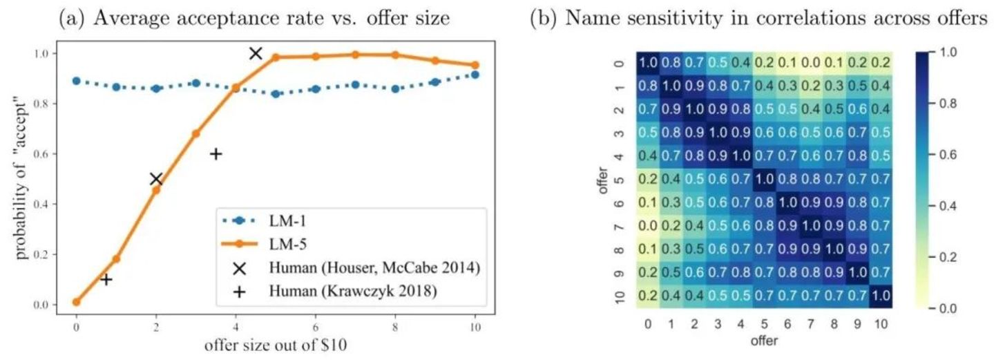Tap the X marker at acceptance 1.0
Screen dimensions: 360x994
tap(256, 53)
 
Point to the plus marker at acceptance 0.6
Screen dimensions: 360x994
tap(216, 154)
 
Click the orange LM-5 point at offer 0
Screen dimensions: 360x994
tap(76, 302)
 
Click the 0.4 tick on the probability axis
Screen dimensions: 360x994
tap(45, 204)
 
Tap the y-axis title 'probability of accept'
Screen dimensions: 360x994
tap(22, 180)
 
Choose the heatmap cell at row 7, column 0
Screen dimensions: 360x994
tap(647, 227)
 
